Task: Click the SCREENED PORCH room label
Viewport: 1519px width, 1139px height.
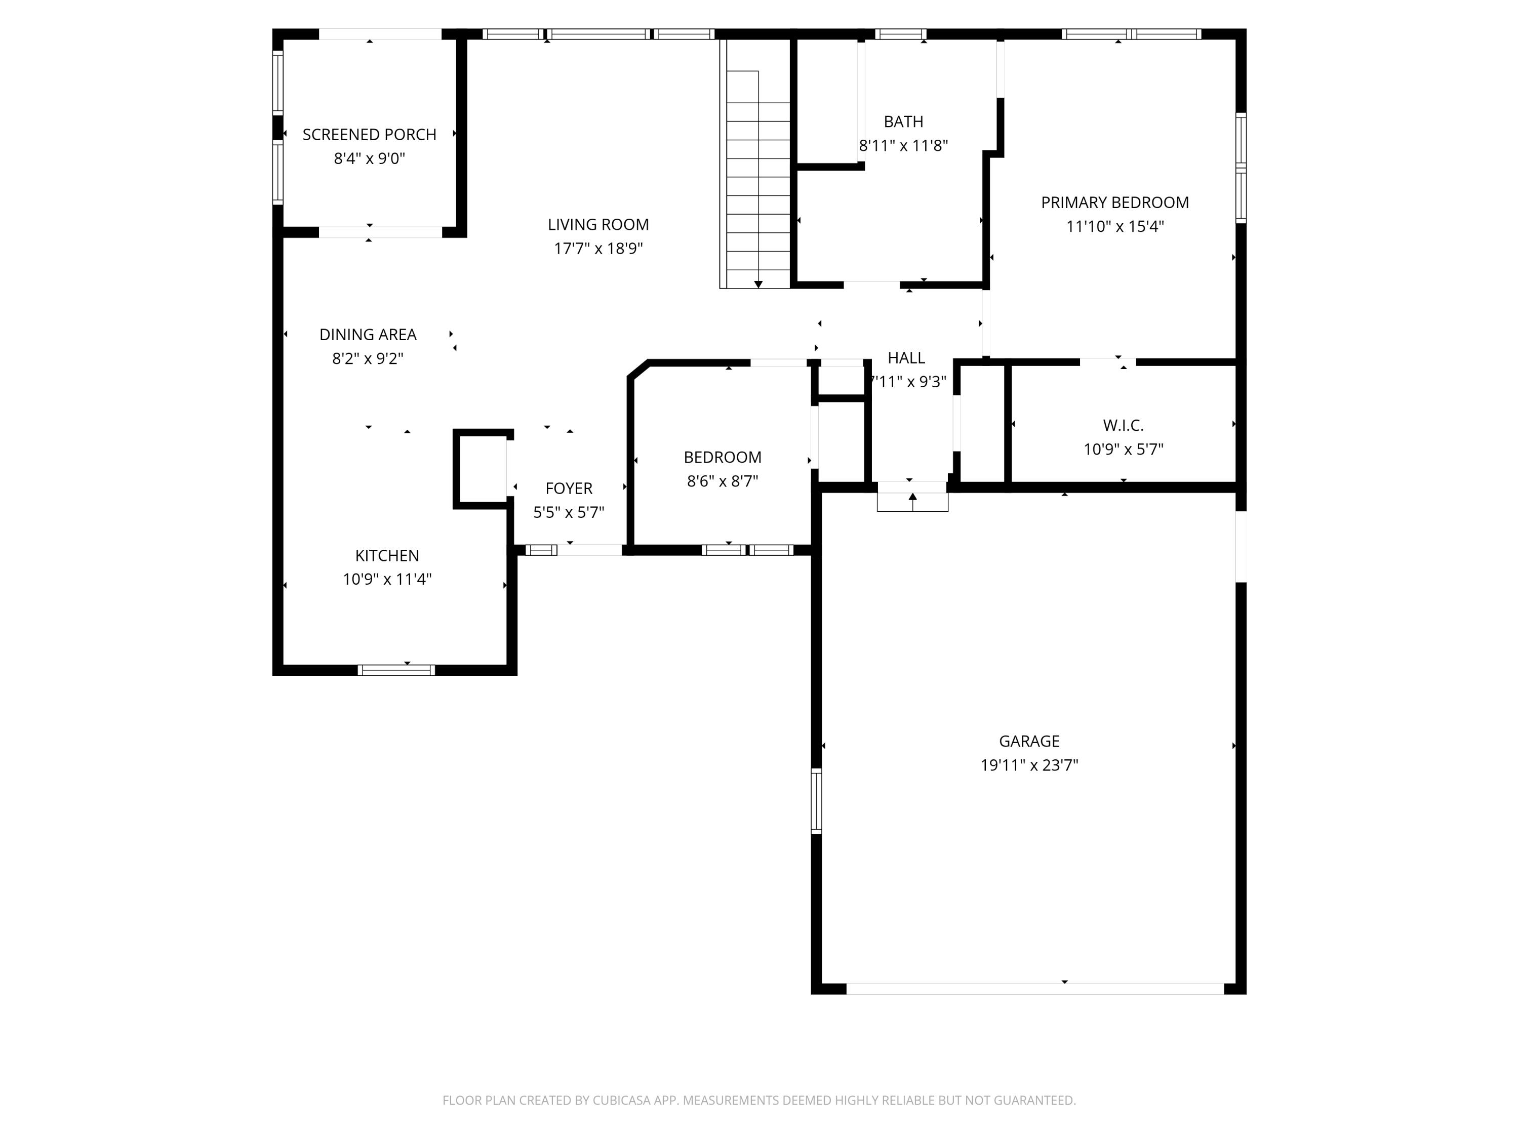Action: (370, 135)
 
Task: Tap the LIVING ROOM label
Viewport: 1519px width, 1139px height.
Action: (598, 224)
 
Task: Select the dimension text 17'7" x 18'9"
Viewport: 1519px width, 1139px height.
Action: (598, 249)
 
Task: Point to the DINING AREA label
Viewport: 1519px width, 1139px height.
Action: (368, 334)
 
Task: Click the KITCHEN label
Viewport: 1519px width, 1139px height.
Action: (387, 555)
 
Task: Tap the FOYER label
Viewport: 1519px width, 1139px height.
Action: (569, 488)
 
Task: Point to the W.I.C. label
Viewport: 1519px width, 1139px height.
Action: (1124, 426)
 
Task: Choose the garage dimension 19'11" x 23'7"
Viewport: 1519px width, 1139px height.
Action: (1029, 765)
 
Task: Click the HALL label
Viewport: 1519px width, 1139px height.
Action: (906, 358)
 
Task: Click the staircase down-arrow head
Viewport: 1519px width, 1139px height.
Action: (758, 284)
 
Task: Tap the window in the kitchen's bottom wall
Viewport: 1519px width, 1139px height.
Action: (396, 670)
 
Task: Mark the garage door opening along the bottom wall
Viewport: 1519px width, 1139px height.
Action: (1035, 989)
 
